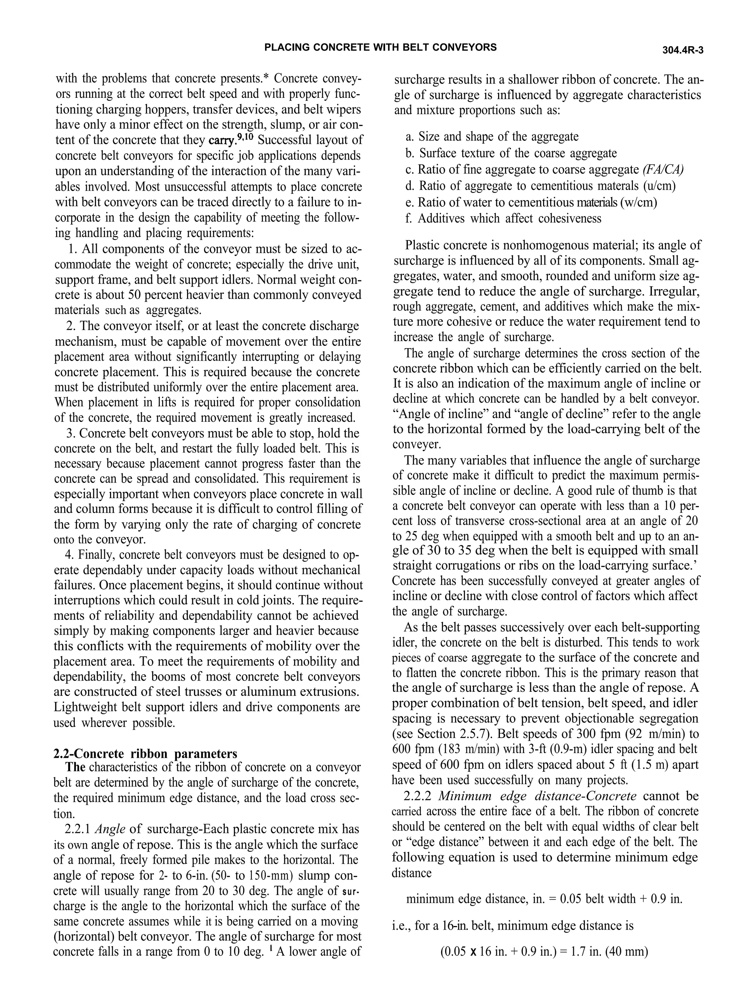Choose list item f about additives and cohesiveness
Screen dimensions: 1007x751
pyautogui.click(x=503, y=219)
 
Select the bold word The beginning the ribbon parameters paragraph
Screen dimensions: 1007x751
pyautogui.click(x=76, y=768)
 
